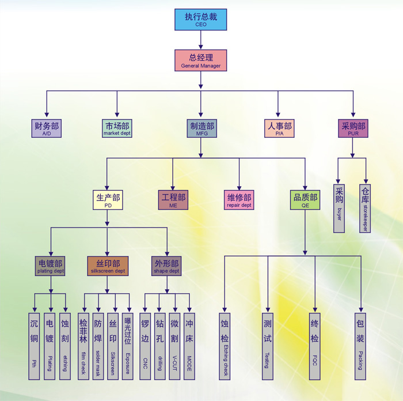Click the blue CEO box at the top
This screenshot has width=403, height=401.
coord(201,20)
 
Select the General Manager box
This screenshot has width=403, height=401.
coord(201,60)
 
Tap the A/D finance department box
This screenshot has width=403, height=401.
coord(47,128)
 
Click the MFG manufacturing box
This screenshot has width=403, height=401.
coord(201,128)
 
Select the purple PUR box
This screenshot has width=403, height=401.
coord(353,128)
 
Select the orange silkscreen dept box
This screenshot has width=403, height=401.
coord(108,266)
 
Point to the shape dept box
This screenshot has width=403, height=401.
coord(167,266)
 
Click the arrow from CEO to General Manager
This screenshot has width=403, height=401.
coord(201,40)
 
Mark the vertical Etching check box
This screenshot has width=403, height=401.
coord(225,346)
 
